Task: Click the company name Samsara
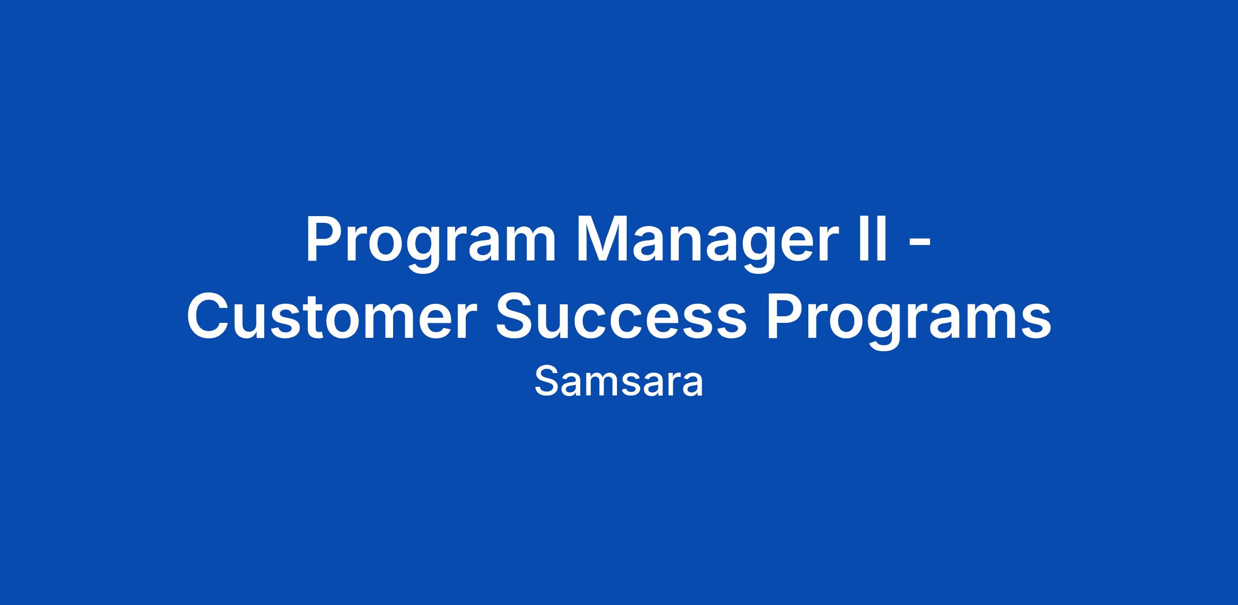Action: coord(618,382)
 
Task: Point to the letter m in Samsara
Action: coord(601,385)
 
